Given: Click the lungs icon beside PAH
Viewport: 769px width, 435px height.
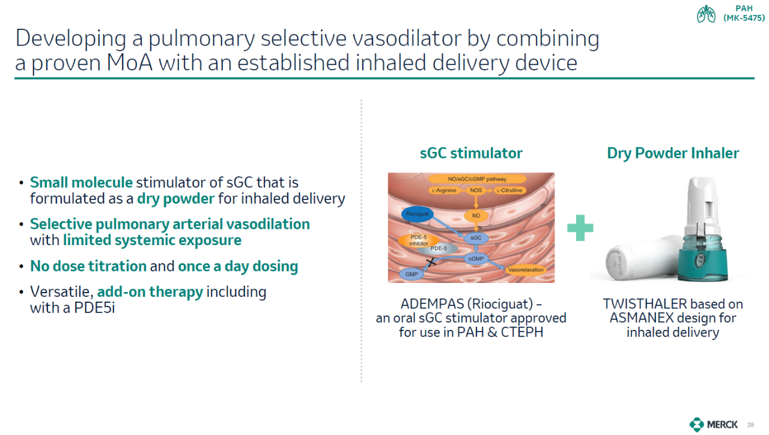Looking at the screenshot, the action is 706,14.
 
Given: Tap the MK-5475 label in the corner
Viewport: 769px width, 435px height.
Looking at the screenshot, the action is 744,18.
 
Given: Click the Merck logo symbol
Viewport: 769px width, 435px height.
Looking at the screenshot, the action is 696,424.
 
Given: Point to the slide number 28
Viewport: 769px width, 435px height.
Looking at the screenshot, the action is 750,425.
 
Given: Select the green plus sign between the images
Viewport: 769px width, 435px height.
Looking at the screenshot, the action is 580,228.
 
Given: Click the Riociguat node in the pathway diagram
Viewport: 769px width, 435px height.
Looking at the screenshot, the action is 417,214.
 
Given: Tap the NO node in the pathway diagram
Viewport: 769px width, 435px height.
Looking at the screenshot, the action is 476,216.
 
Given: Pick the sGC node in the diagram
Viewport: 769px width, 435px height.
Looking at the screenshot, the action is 476,237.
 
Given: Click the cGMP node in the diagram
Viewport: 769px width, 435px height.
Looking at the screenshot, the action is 476,258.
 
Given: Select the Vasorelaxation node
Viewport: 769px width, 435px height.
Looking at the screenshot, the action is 526,270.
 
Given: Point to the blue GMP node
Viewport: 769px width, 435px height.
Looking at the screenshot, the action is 412,274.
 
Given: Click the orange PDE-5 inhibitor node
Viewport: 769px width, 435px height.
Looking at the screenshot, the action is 419,240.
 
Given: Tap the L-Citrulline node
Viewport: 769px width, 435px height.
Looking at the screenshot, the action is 510,190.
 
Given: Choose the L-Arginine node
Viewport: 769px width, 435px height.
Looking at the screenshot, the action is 444,190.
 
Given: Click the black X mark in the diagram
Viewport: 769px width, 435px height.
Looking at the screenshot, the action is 431,263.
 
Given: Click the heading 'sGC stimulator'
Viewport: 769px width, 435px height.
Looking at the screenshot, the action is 471,153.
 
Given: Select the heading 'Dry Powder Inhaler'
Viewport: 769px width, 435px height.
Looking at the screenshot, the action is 673,153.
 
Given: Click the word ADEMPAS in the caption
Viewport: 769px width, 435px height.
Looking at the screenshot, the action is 432,304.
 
